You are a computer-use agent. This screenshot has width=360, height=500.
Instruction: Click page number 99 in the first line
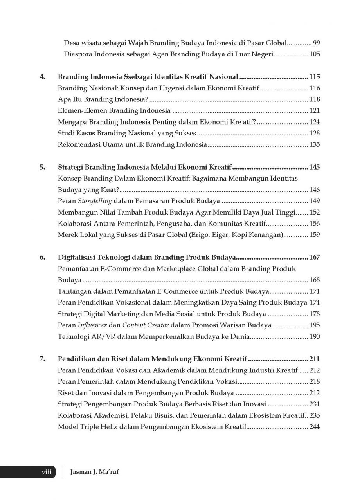pos(316,43)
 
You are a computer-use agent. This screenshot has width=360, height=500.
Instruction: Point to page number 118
pos(314,99)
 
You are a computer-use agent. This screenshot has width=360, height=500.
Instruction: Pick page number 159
pos(314,235)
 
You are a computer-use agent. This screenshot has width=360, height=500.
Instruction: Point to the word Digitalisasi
pos(77,258)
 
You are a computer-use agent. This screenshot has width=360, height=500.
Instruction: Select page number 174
pos(314,303)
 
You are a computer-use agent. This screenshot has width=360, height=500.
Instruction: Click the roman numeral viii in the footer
pos(47,472)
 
